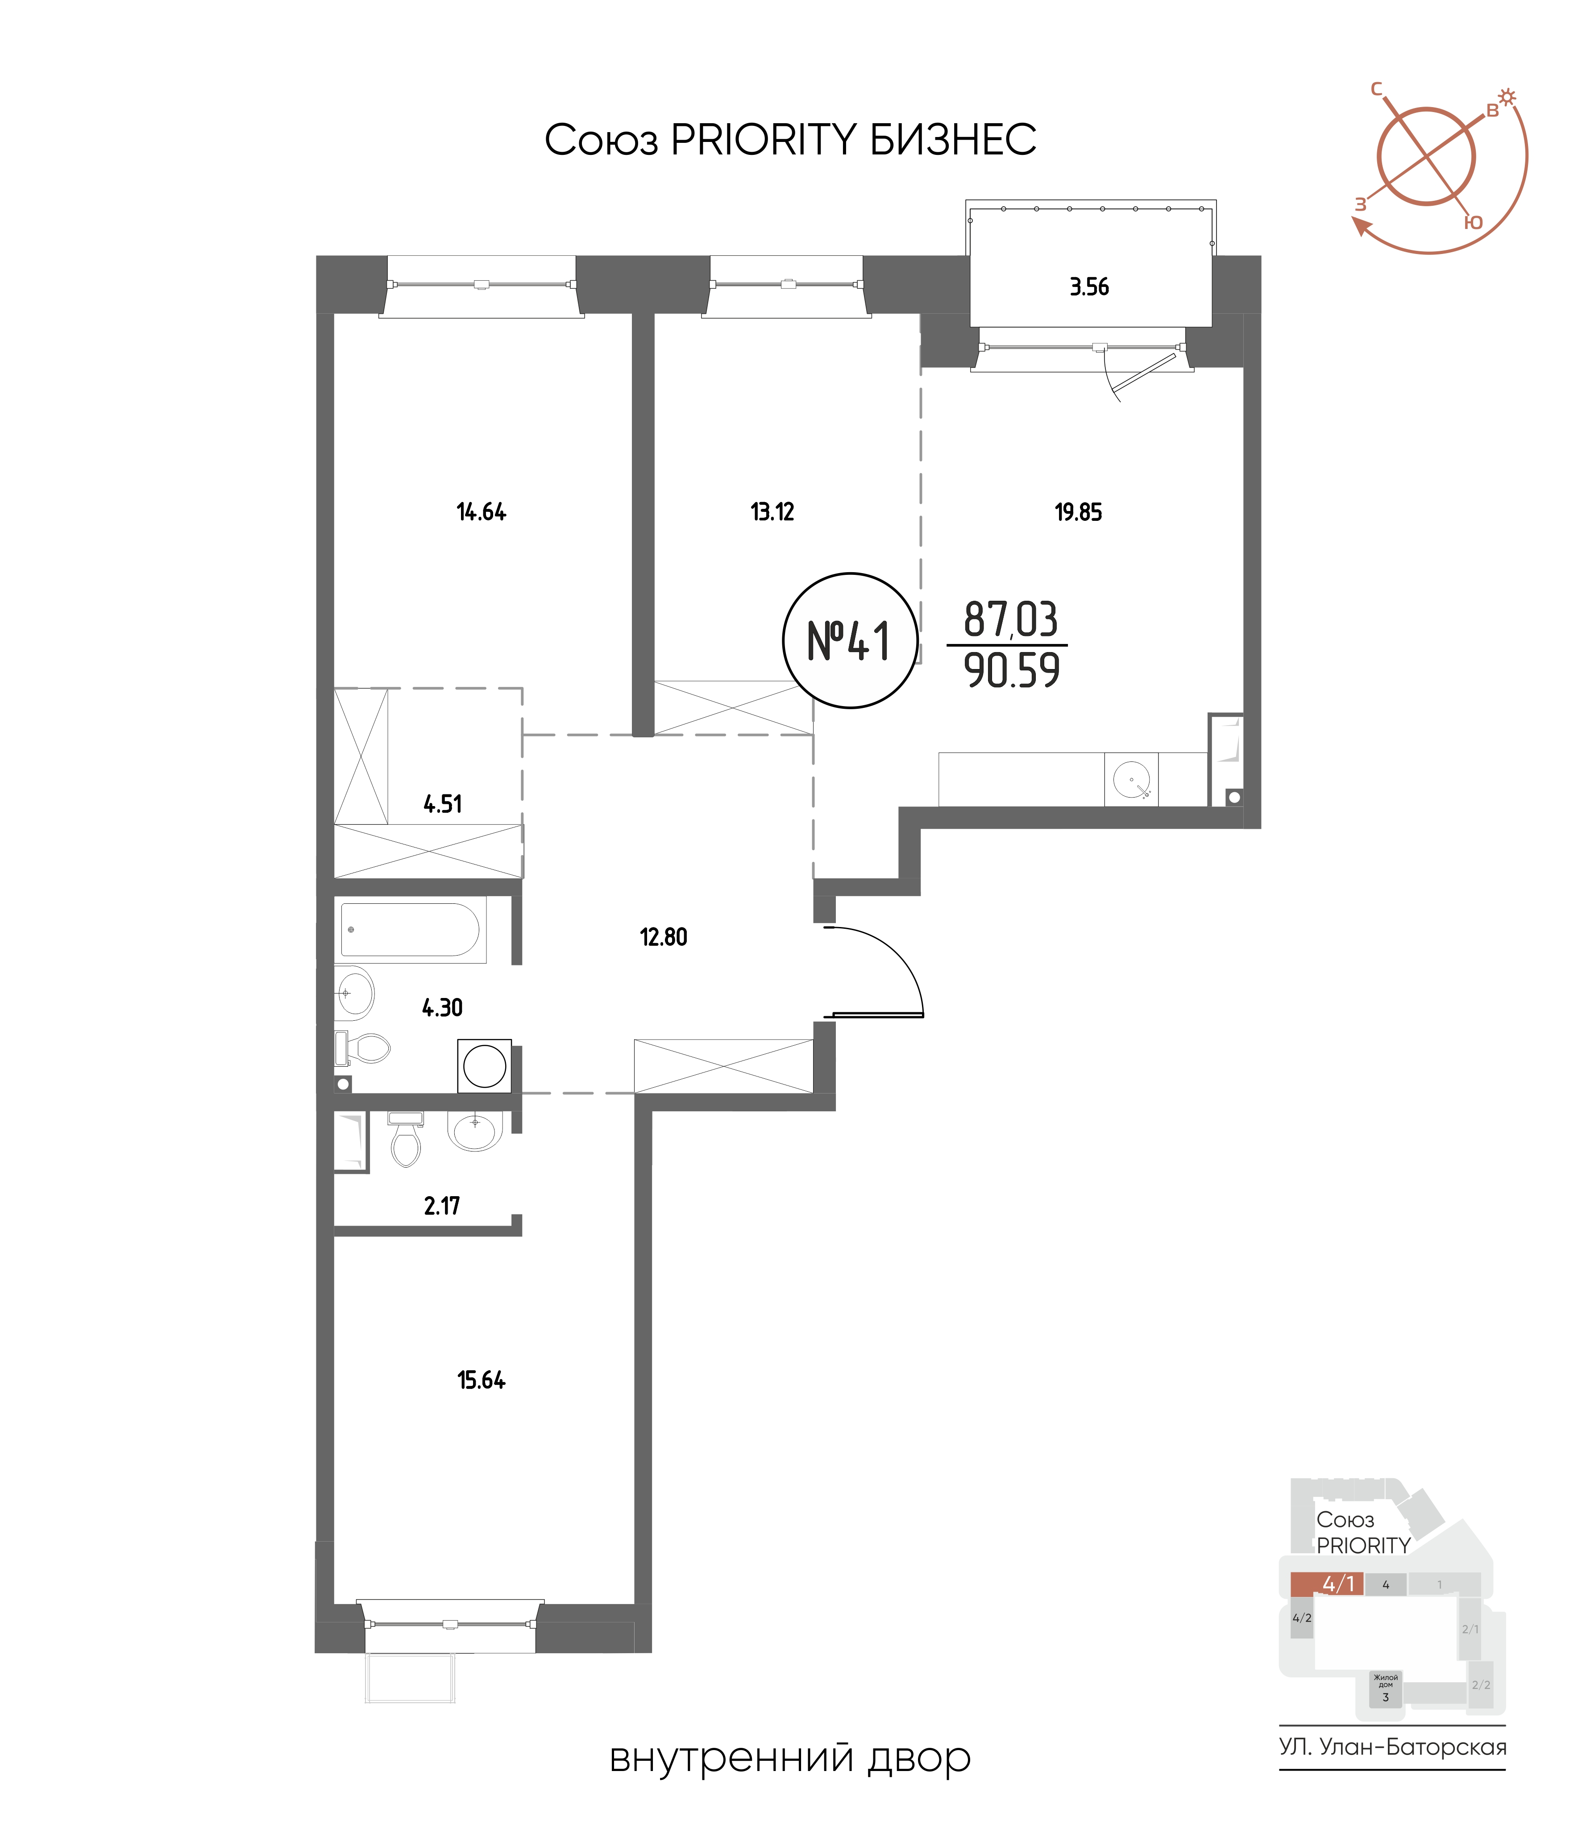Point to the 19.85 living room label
[1078, 512]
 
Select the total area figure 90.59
[1012, 671]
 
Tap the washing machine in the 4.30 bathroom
[485, 1065]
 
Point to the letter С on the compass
[1376, 89]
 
